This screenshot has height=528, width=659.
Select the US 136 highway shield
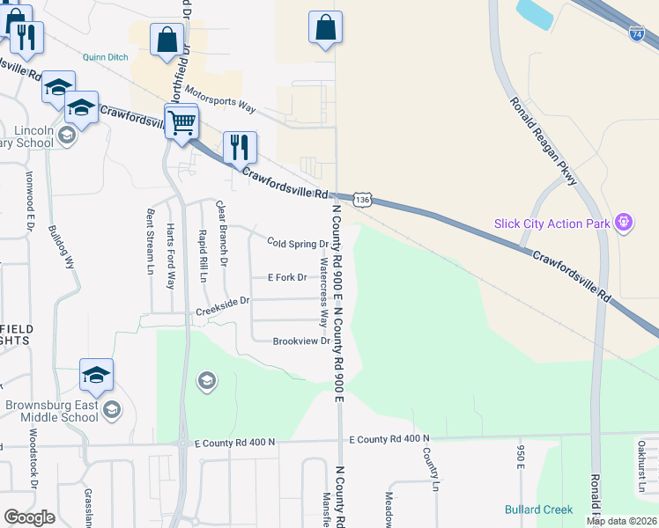[x=361, y=200]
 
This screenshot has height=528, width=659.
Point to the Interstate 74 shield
[x=637, y=33]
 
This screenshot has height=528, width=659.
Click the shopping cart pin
[x=181, y=122]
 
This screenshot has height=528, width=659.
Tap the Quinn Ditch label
[x=107, y=57]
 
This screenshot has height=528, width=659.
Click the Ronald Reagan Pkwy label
[x=543, y=141]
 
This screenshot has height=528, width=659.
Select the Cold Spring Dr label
[x=298, y=244]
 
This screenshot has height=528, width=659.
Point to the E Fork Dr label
[x=287, y=277]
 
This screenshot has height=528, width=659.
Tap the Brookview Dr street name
[x=301, y=341]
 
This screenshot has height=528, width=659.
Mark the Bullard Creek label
[x=538, y=510]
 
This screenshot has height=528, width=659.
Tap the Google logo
[x=28, y=517]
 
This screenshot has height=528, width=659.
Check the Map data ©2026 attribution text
[x=620, y=521]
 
